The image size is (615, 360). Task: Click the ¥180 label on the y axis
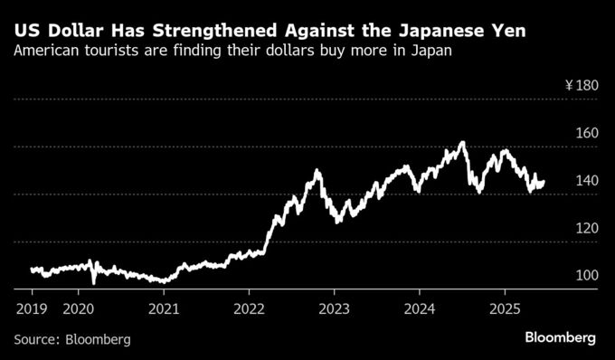click(581, 86)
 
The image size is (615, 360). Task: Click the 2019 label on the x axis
click(32, 307)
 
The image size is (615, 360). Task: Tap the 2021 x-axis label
click(164, 307)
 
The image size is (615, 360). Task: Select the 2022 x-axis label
click(249, 307)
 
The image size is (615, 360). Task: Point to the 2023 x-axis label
click(334, 307)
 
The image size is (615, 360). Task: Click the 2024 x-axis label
click(420, 307)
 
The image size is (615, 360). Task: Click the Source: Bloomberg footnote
click(72, 339)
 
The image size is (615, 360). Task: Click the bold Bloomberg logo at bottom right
click(560, 337)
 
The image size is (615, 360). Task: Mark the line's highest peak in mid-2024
click(462, 142)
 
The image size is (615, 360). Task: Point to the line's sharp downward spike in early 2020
click(94, 282)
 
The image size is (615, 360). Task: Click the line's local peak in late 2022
click(317, 170)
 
